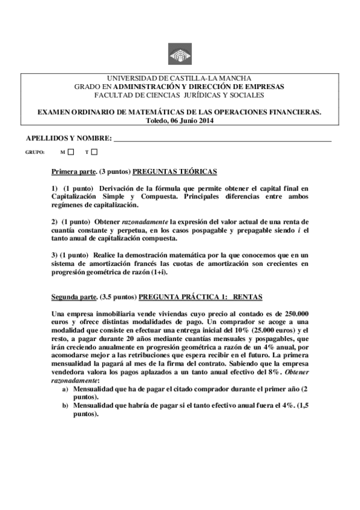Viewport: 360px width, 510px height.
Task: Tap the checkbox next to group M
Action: (x=71, y=152)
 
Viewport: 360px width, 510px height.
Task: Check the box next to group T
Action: (x=94, y=152)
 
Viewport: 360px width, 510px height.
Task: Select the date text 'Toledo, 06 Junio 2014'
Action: (x=180, y=120)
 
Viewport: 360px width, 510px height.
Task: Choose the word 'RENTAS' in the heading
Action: (x=247, y=297)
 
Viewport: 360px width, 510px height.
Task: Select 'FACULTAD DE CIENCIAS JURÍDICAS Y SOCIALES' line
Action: (x=180, y=94)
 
